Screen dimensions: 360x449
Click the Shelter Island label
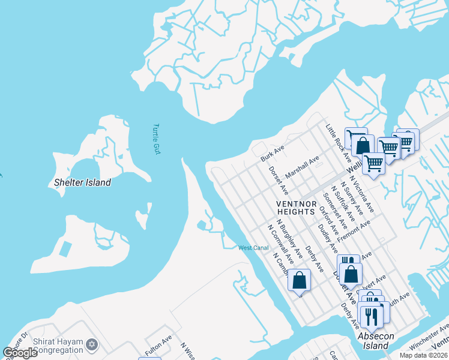[x=82, y=182]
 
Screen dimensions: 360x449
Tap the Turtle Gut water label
[x=157, y=139]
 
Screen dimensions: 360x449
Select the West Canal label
[x=253, y=248]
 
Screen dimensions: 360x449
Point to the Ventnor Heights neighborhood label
[x=296, y=208]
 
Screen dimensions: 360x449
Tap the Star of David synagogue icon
[x=91, y=344]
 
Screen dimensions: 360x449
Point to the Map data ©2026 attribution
[x=423, y=355]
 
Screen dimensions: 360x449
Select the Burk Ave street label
[x=272, y=153]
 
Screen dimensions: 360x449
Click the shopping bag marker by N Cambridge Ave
[x=299, y=280]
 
